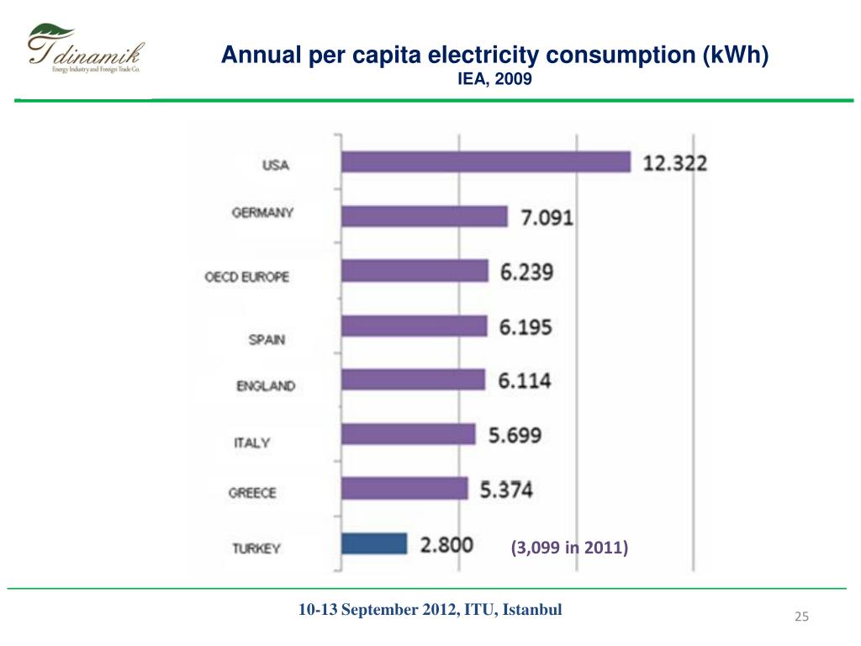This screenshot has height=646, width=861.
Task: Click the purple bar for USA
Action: point(486,161)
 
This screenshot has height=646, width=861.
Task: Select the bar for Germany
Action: point(425,217)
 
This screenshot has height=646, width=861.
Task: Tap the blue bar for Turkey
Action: point(375,543)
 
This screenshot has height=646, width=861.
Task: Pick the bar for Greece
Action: point(404,489)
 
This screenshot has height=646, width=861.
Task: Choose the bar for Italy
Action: point(409,434)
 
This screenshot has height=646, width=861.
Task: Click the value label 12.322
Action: point(675,163)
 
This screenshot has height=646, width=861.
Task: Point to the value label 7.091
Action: point(546,218)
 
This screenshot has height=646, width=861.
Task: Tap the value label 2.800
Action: point(446,544)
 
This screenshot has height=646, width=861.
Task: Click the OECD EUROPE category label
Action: point(247,276)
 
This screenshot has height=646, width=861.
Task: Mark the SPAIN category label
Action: point(267,340)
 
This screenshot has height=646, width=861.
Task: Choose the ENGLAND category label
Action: point(266,386)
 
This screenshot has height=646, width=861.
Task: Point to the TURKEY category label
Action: point(257,548)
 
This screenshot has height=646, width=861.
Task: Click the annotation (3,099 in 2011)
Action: point(569,548)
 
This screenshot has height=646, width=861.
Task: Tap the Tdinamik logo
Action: point(83,51)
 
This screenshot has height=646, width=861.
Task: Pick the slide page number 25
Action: point(801,618)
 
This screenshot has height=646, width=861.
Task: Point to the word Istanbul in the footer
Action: point(534,610)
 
